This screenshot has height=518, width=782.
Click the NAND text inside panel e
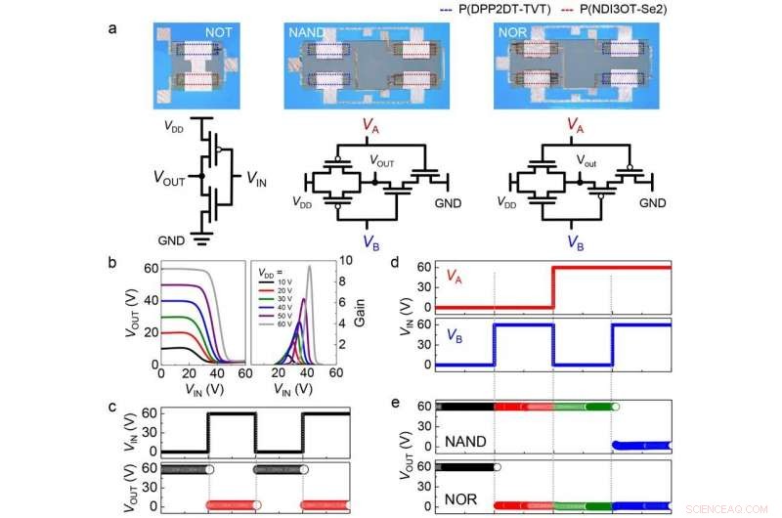click(x=466, y=442)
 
